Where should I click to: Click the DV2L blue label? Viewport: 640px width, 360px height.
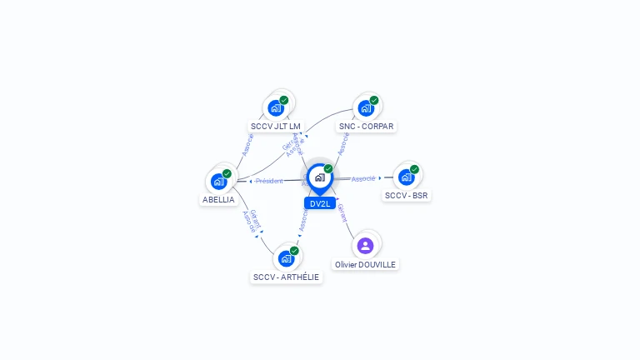[x=320, y=203]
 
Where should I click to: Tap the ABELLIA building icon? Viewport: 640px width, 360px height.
[x=218, y=181]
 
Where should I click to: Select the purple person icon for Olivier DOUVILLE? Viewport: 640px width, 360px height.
[x=365, y=245]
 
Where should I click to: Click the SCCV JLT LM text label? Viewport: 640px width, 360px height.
[x=276, y=127]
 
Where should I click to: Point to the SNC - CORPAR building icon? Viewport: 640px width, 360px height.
[x=365, y=108]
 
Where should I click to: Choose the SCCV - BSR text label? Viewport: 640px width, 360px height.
[x=407, y=196]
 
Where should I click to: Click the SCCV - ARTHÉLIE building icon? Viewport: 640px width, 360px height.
[x=285, y=258]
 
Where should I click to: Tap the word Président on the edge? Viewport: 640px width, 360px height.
[x=269, y=181]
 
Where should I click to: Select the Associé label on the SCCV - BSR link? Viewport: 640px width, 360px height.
[x=362, y=178]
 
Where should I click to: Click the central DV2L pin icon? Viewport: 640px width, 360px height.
[x=319, y=177]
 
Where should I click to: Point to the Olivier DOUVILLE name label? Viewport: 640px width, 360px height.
[x=365, y=264]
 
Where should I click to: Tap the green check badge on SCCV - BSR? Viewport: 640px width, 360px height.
[x=414, y=169]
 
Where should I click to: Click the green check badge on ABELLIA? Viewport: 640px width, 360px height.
[x=227, y=173]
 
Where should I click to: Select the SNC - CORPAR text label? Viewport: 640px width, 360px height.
[x=366, y=127]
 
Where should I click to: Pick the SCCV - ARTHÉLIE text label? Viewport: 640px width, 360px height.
[x=286, y=277]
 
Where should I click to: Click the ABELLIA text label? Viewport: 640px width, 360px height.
[x=218, y=200]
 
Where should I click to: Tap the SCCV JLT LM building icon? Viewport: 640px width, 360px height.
[x=276, y=107]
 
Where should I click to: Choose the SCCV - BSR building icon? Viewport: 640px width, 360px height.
[x=406, y=177]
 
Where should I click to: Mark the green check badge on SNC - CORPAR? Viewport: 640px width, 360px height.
[x=374, y=100]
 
